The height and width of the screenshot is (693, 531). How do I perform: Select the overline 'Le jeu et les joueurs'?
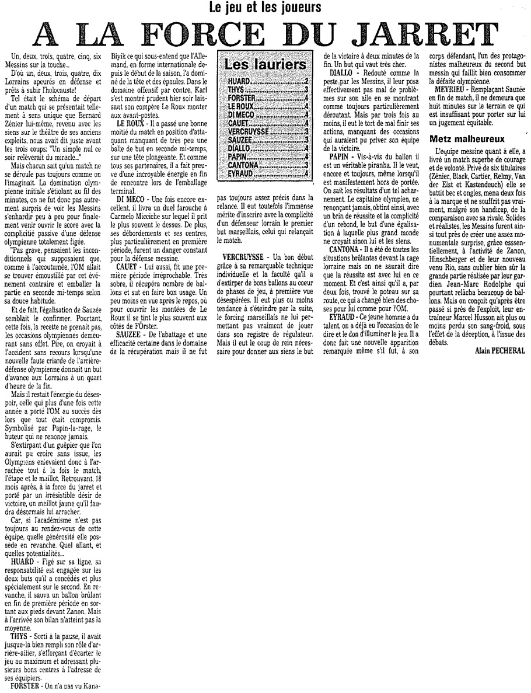pyautogui.click(x=265, y=8)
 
